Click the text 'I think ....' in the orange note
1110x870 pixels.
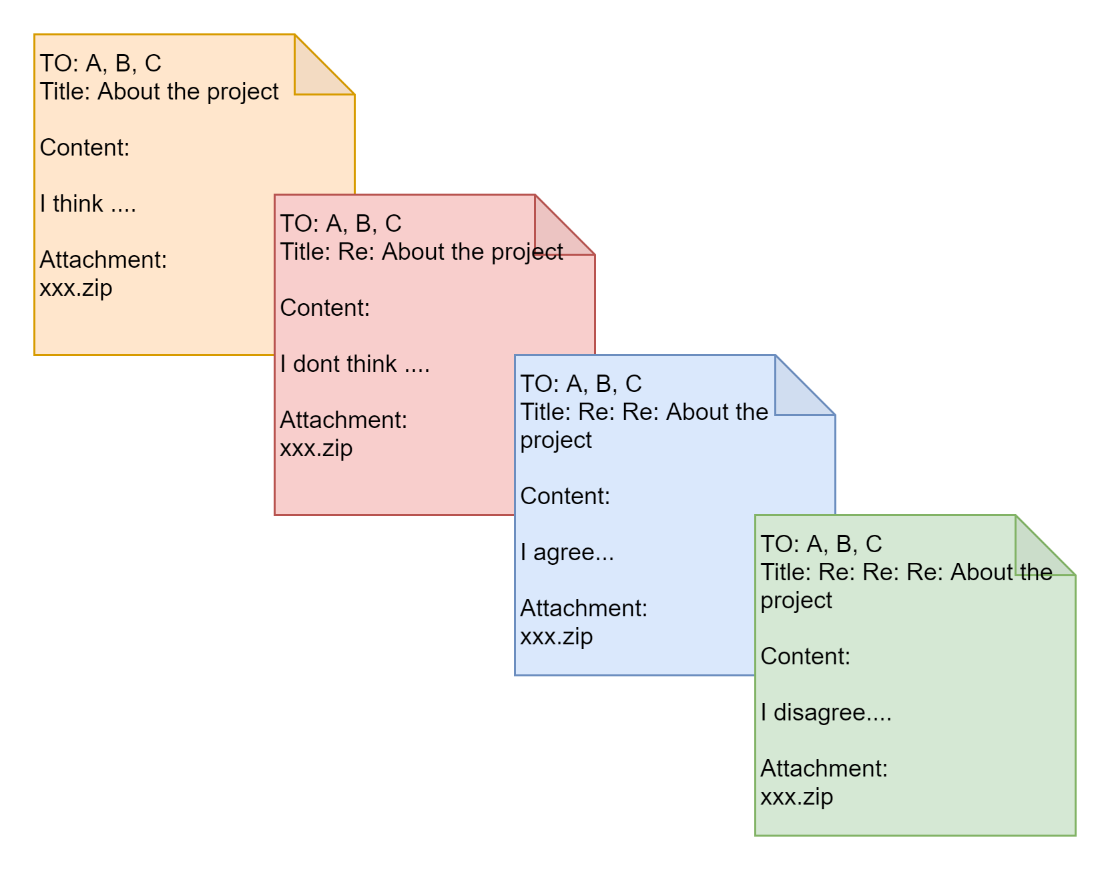87,204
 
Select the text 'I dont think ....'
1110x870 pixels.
354,364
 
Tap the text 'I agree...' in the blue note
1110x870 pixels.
567,552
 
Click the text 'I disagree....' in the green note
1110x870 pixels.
826,712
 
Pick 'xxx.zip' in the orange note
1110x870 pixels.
76,288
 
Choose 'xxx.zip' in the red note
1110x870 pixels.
316,448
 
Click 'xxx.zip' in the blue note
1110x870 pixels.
557,636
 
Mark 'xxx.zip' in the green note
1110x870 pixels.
797,797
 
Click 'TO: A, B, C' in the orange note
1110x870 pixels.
101,63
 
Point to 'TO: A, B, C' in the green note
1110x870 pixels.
822,544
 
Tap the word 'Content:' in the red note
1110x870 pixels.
325,308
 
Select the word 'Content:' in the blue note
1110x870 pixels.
565,496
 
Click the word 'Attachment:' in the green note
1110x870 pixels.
824,769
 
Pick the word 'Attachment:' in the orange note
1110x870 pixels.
103,260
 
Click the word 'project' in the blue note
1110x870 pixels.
556,441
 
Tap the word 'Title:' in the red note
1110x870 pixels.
306,252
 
